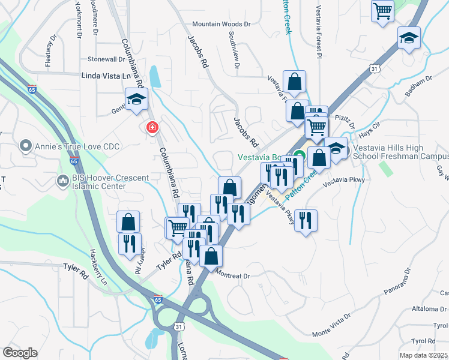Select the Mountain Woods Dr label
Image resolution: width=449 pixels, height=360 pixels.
point(220,24)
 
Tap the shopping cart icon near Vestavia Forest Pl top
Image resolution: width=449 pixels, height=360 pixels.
point(382,10)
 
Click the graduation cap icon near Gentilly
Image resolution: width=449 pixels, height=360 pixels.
point(136,98)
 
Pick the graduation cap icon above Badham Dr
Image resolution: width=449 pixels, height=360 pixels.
point(409,39)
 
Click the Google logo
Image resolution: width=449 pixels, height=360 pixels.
point(20,353)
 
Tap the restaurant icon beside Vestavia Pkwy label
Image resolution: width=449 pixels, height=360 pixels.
point(306,220)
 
